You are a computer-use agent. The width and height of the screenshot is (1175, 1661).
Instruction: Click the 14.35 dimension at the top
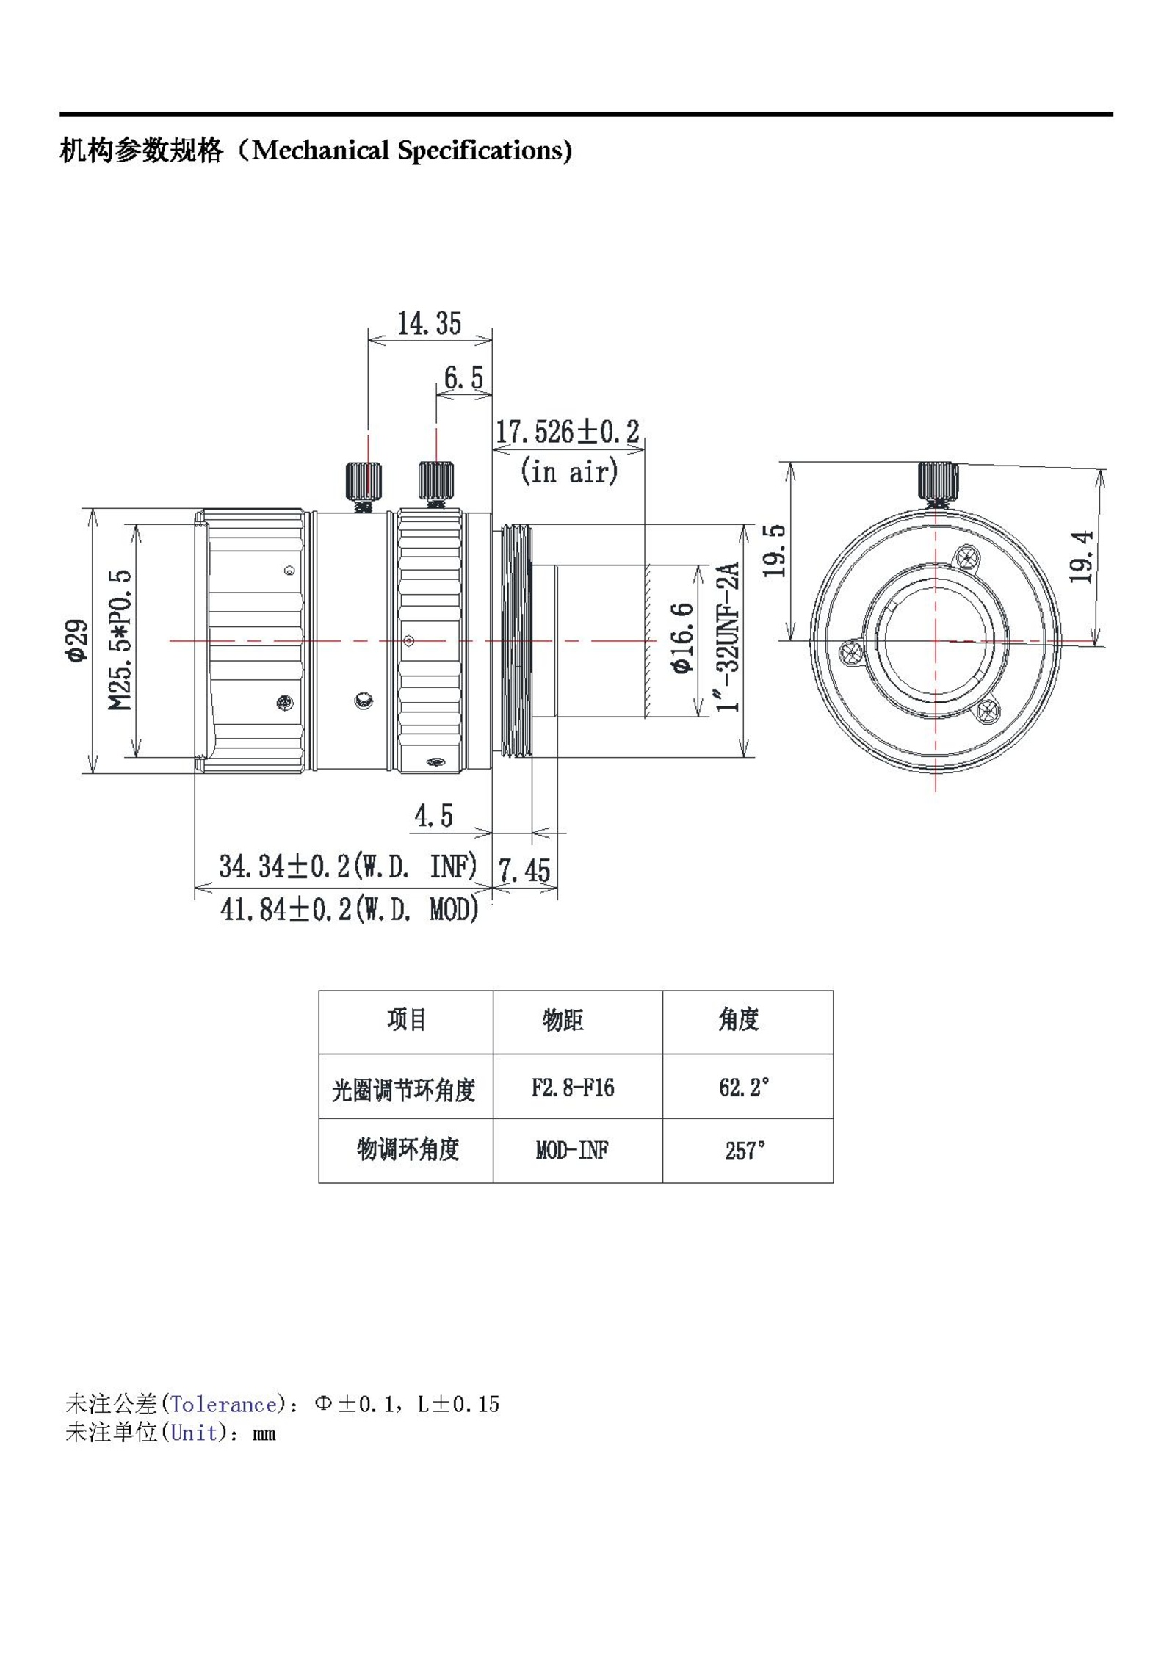429,323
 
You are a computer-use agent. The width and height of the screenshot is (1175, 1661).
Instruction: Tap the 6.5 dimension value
463,377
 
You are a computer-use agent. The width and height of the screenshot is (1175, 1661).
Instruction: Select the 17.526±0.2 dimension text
567,432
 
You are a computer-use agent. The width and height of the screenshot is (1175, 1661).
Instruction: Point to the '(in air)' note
569,471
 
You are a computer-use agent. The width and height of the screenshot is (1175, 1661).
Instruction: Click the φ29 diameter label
76,640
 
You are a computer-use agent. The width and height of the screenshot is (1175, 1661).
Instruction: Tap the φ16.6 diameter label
681,637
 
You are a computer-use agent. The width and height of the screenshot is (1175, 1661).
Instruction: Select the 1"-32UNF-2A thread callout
727,637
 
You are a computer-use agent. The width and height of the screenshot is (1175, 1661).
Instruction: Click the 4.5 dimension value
433,815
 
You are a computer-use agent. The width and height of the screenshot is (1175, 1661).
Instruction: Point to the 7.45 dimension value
524,871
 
